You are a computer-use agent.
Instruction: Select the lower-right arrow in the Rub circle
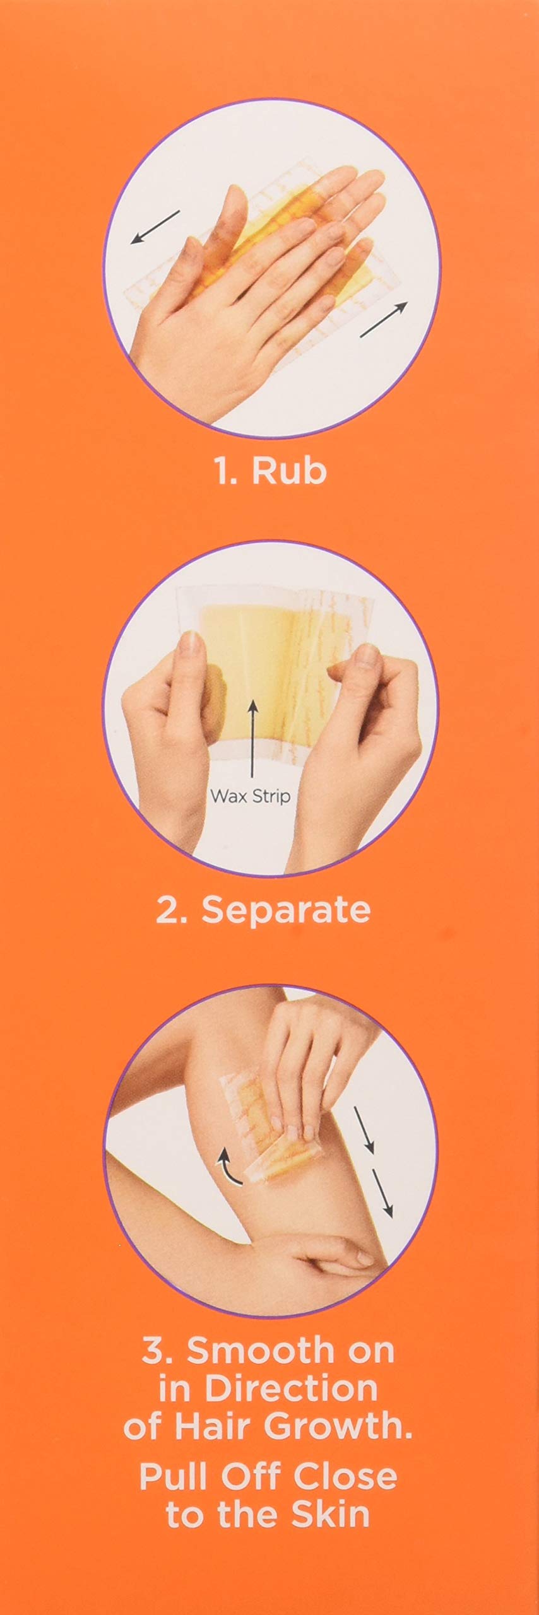383,319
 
